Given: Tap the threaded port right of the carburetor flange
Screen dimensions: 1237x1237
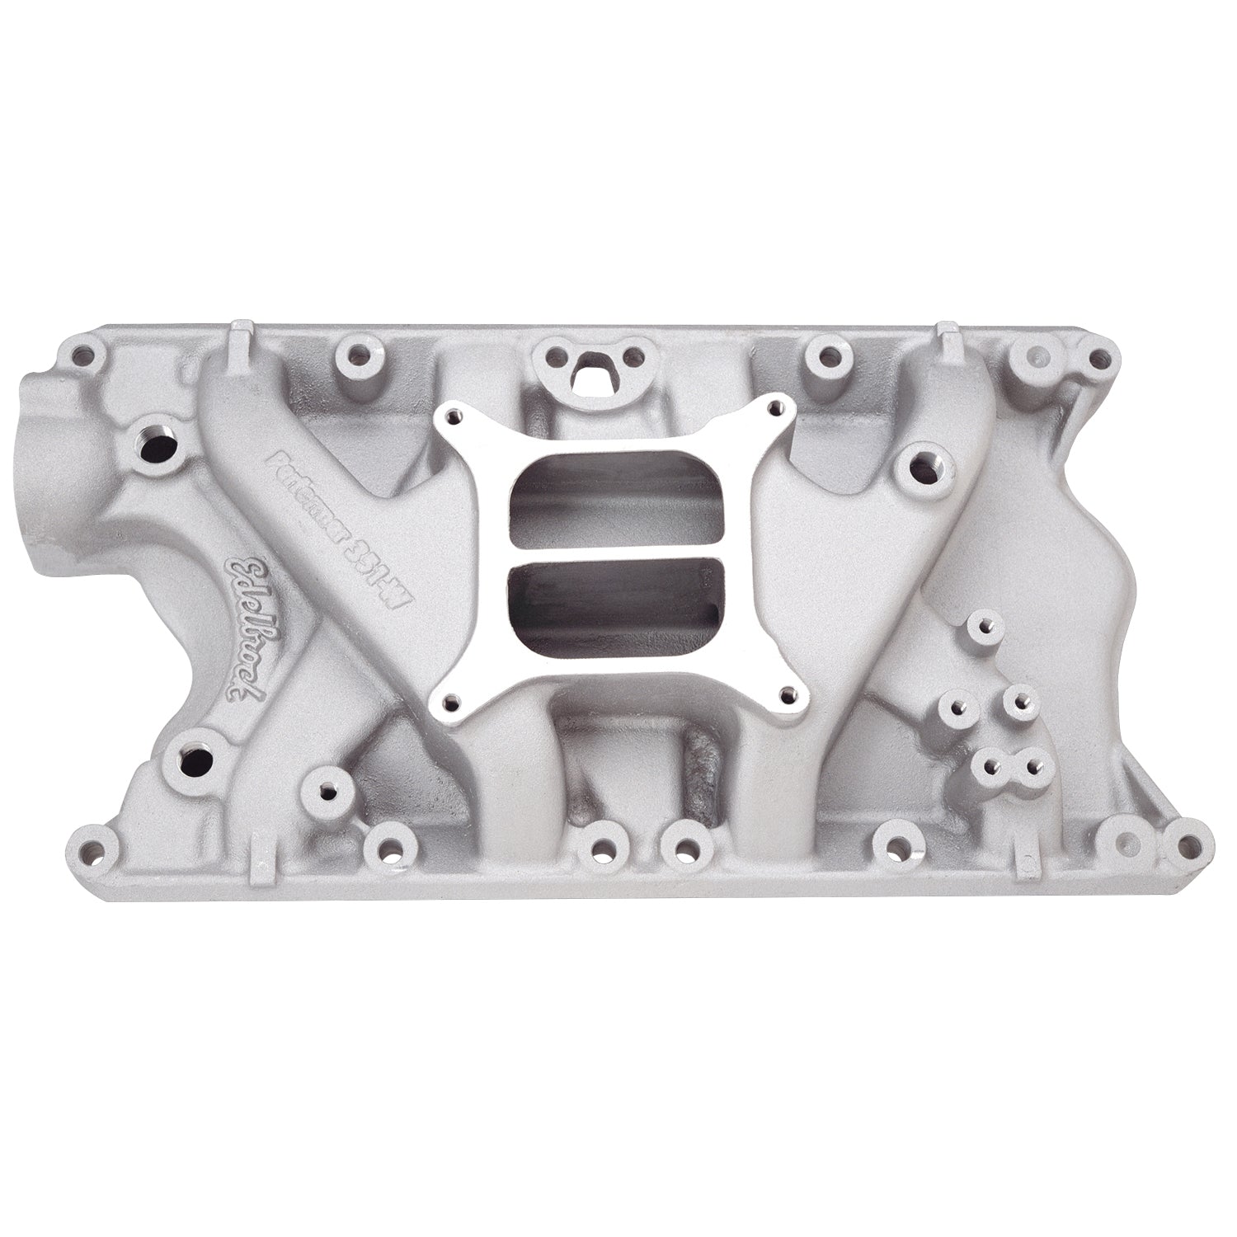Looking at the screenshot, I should point(920,468).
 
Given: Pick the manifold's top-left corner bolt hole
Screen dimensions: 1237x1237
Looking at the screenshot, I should point(80,357).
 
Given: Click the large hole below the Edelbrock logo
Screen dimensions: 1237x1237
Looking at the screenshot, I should point(199,736).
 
